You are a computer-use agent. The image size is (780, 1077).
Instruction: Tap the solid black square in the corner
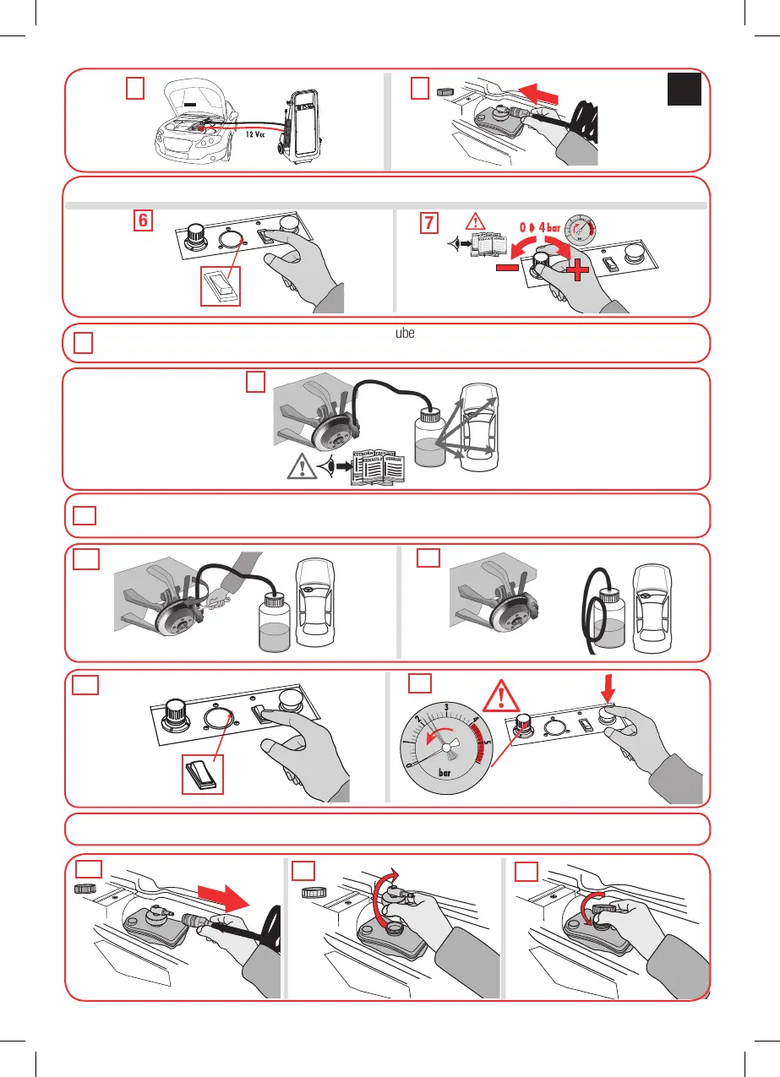pyautogui.click(x=685, y=89)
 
